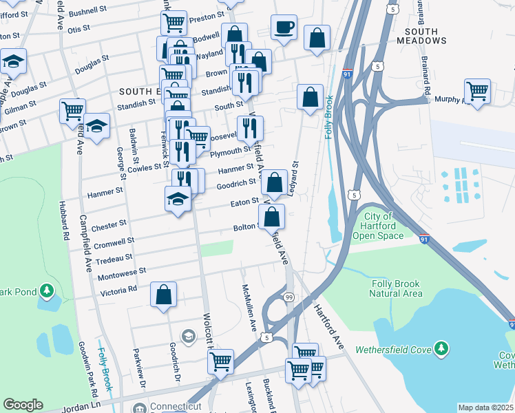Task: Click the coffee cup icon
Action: (x=284, y=28)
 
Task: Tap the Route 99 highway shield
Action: (x=289, y=297)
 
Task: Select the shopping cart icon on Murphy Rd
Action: (x=477, y=90)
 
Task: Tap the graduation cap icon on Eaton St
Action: (x=178, y=200)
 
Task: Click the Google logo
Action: (x=23, y=405)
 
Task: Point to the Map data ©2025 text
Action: (x=485, y=407)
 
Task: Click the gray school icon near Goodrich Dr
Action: (x=187, y=335)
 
